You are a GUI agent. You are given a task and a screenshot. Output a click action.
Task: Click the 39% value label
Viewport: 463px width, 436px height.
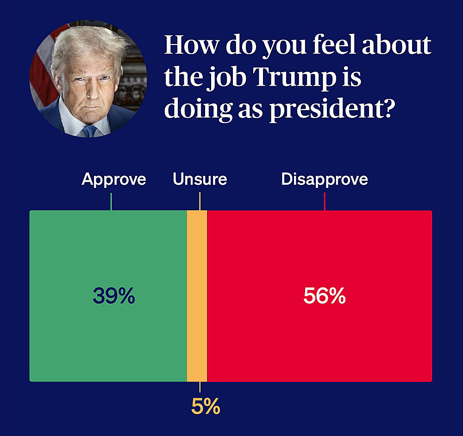pos(114,296)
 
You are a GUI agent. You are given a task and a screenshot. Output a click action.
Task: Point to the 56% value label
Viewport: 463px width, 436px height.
pos(325,296)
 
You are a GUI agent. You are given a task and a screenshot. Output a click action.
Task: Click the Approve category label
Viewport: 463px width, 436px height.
pos(114,179)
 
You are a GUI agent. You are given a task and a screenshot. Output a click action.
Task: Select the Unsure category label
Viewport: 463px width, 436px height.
pos(200,179)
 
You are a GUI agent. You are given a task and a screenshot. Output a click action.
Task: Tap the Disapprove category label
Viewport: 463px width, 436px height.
pos(325,179)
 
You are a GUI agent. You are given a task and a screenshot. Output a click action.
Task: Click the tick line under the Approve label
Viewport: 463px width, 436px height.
pos(111,202)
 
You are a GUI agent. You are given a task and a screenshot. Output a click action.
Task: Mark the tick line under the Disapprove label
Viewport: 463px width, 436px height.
pos(325,202)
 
